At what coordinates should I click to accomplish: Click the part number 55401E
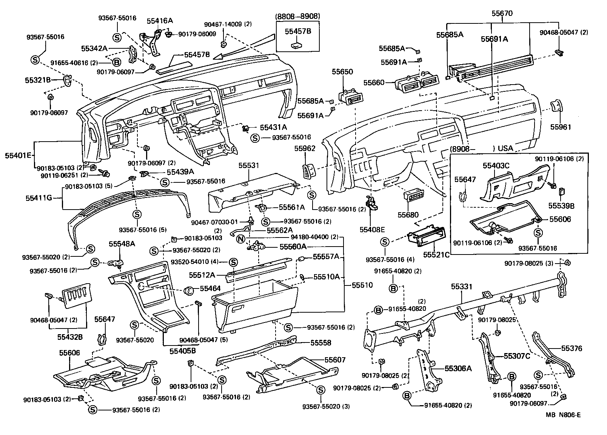[x=18, y=155]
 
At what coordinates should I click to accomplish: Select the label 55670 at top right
[x=502, y=13]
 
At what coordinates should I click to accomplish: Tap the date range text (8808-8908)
[x=298, y=16]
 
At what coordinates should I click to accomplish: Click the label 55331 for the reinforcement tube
[x=461, y=287]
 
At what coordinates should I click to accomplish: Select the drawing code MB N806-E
[x=563, y=415]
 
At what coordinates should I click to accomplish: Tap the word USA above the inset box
[x=505, y=148]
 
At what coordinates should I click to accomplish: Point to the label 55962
[x=305, y=148]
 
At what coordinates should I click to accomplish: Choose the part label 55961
[x=561, y=127]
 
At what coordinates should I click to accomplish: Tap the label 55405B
[x=182, y=351]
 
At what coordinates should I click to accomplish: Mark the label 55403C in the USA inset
[x=496, y=165]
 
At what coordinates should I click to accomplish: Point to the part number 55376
[x=572, y=348]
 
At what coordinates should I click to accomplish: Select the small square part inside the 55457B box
[x=297, y=45]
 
